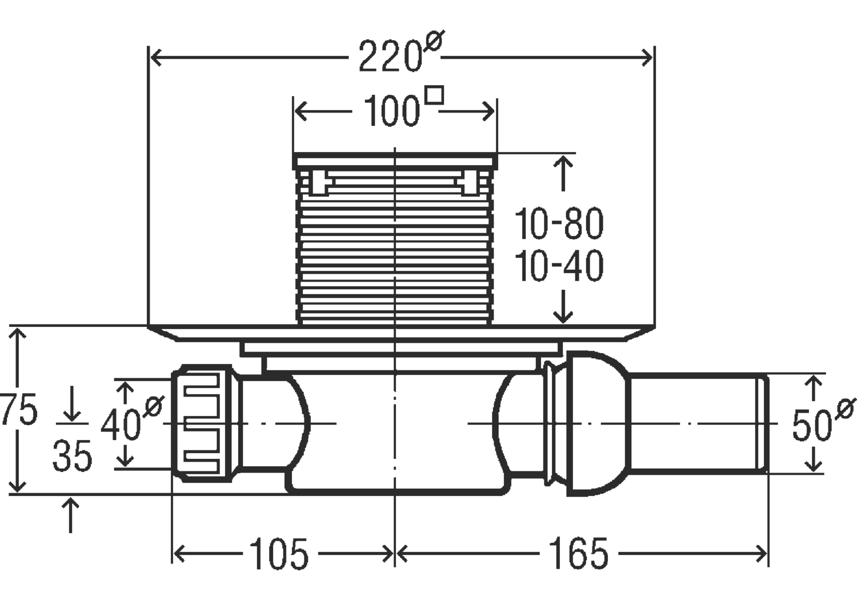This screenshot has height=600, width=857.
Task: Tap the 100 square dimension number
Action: pyautogui.click(x=392, y=111)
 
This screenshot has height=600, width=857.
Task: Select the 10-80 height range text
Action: pyautogui.click(x=559, y=224)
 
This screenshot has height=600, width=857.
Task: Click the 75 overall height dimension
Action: pyautogui.click(x=18, y=410)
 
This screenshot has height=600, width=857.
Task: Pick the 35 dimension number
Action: pyautogui.click(x=72, y=456)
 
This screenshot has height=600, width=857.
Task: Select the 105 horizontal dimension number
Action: pyautogui.click(x=279, y=554)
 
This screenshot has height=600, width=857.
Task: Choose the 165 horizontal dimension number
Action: pyautogui.click(x=578, y=554)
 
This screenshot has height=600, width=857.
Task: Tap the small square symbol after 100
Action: pyautogui.click(x=435, y=95)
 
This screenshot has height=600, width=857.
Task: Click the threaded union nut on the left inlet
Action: pyautogui.click(x=202, y=423)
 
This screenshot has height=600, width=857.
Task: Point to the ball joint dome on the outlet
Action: pyautogui.click(x=597, y=423)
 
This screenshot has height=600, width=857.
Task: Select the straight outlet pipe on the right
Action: pyautogui.click(x=699, y=423)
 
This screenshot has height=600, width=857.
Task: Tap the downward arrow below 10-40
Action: pyautogui.click(x=563, y=306)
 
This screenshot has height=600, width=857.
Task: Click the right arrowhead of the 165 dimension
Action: pyautogui.click(x=762, y=554)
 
